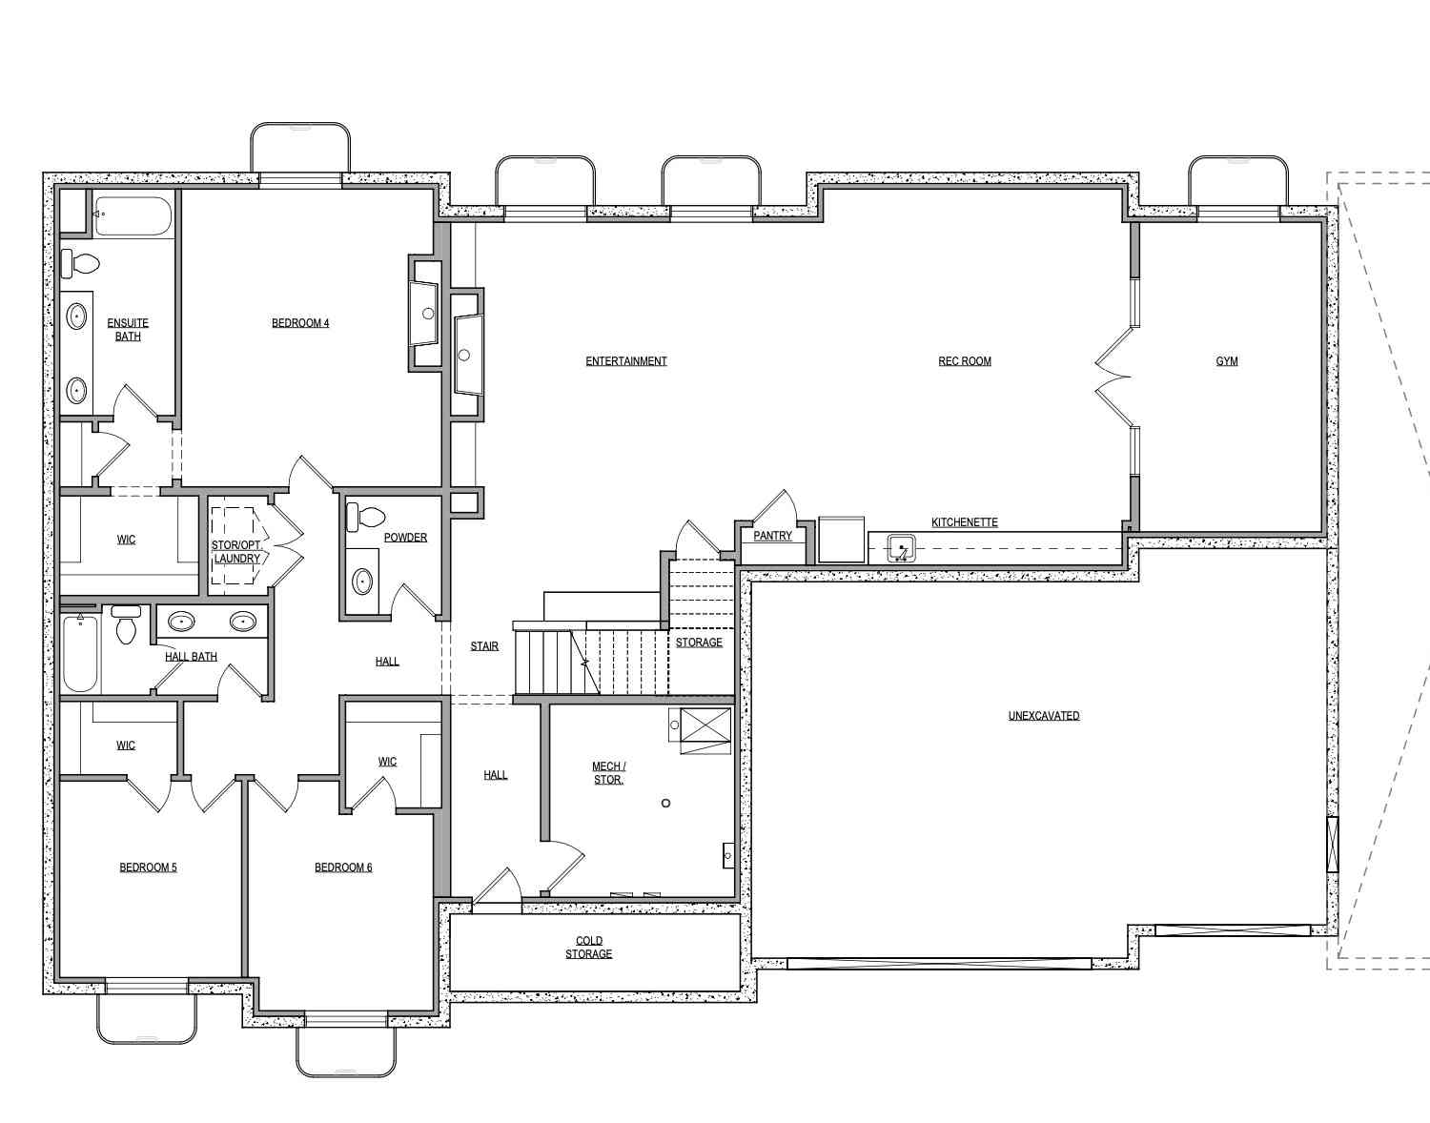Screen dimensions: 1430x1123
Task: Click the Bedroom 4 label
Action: [x=300, y=323]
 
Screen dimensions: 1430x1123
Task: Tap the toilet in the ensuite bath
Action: [x=80, y=264]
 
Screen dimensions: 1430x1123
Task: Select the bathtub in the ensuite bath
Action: [x=133, y=215]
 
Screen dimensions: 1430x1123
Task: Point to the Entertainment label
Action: [x=625, y=361]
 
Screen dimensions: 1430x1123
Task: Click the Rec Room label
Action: [x=964, y=361]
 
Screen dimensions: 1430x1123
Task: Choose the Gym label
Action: [x=1227, y=361]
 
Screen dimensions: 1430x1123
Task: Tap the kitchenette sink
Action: [x=901, y=548]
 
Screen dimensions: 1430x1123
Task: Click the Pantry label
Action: [x=772, y=536]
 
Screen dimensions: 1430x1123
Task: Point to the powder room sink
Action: [x=362, y=582]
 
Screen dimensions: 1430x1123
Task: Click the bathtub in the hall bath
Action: [x=80, y=653]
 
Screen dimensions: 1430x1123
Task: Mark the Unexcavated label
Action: [x=1044, y=716]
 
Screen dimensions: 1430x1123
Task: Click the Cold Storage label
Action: [x=588, y=948]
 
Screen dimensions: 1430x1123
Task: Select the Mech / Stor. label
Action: [x=609, y=773]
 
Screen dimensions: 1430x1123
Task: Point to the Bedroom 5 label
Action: [x=148, y=868]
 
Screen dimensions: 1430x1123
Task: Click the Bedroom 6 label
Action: [x=343, y=868]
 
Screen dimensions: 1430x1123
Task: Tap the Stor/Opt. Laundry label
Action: [x=237, y=552]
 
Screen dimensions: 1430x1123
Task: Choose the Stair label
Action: [x=484, y=646]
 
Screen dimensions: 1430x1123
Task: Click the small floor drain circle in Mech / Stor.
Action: [x=665, y=804]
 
